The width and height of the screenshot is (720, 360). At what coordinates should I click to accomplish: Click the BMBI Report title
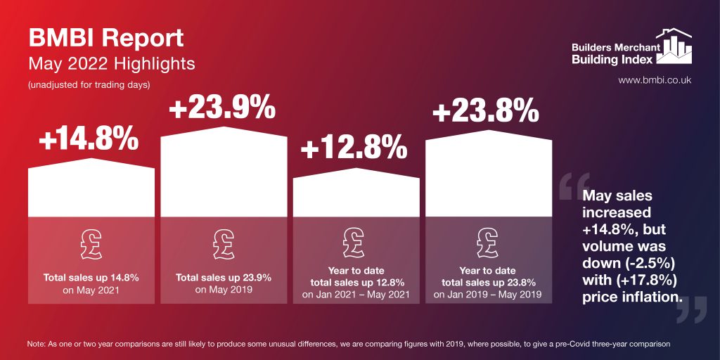click(x=105, y=38)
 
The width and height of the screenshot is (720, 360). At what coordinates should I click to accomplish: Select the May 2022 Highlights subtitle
click(x=111, y=64)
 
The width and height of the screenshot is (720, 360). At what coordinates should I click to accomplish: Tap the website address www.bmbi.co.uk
click(x=655, y=80)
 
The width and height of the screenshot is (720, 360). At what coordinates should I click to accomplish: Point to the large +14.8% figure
click(x=88, y=140)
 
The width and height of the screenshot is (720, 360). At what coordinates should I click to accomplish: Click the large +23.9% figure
click(x=221, y=109)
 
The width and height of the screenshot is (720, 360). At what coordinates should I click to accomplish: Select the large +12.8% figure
click(x=354, y=148)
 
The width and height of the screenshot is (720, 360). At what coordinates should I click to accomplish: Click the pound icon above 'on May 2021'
click(x=91, y=243)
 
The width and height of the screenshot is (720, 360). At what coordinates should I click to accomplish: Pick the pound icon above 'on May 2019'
click(x=224, y=243)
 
